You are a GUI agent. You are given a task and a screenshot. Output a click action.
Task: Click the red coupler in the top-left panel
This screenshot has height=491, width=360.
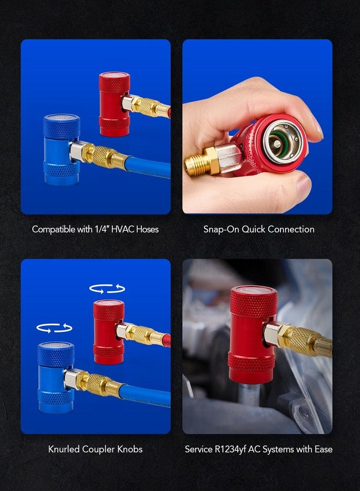point(114,104)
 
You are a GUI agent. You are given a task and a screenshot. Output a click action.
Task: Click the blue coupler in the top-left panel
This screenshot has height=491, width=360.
point(61,150)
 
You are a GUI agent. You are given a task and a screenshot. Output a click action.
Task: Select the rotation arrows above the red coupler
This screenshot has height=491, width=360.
point(107,289)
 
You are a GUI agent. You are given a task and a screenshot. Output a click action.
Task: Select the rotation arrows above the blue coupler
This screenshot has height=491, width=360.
point(54,327)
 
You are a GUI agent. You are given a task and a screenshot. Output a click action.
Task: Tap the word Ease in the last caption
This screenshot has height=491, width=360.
point(322,449)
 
